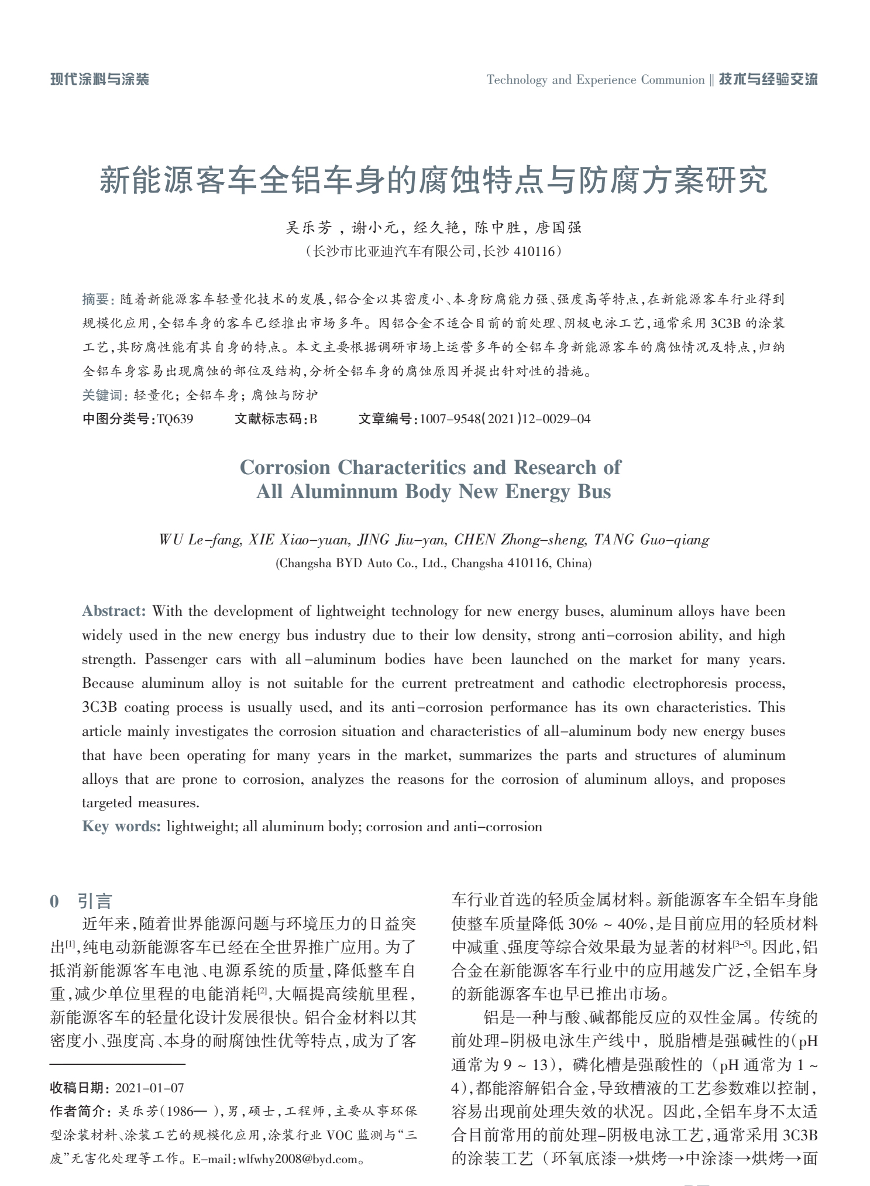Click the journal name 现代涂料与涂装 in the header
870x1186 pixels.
tap(99, 80)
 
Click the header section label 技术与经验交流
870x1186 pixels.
tap(768, 80)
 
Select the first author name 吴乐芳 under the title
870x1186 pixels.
tap(308, 228)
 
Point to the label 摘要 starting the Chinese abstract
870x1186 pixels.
tap(95, 300)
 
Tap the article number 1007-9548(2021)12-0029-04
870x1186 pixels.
tap(505, 419)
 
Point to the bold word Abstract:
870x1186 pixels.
tap(114, 611)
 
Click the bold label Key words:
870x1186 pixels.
tap(121, 827)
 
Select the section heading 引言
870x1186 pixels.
tap(94, 901)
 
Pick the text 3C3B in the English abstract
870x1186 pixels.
tap(99, 707)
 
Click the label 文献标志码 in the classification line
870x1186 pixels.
tap(270, 419)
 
